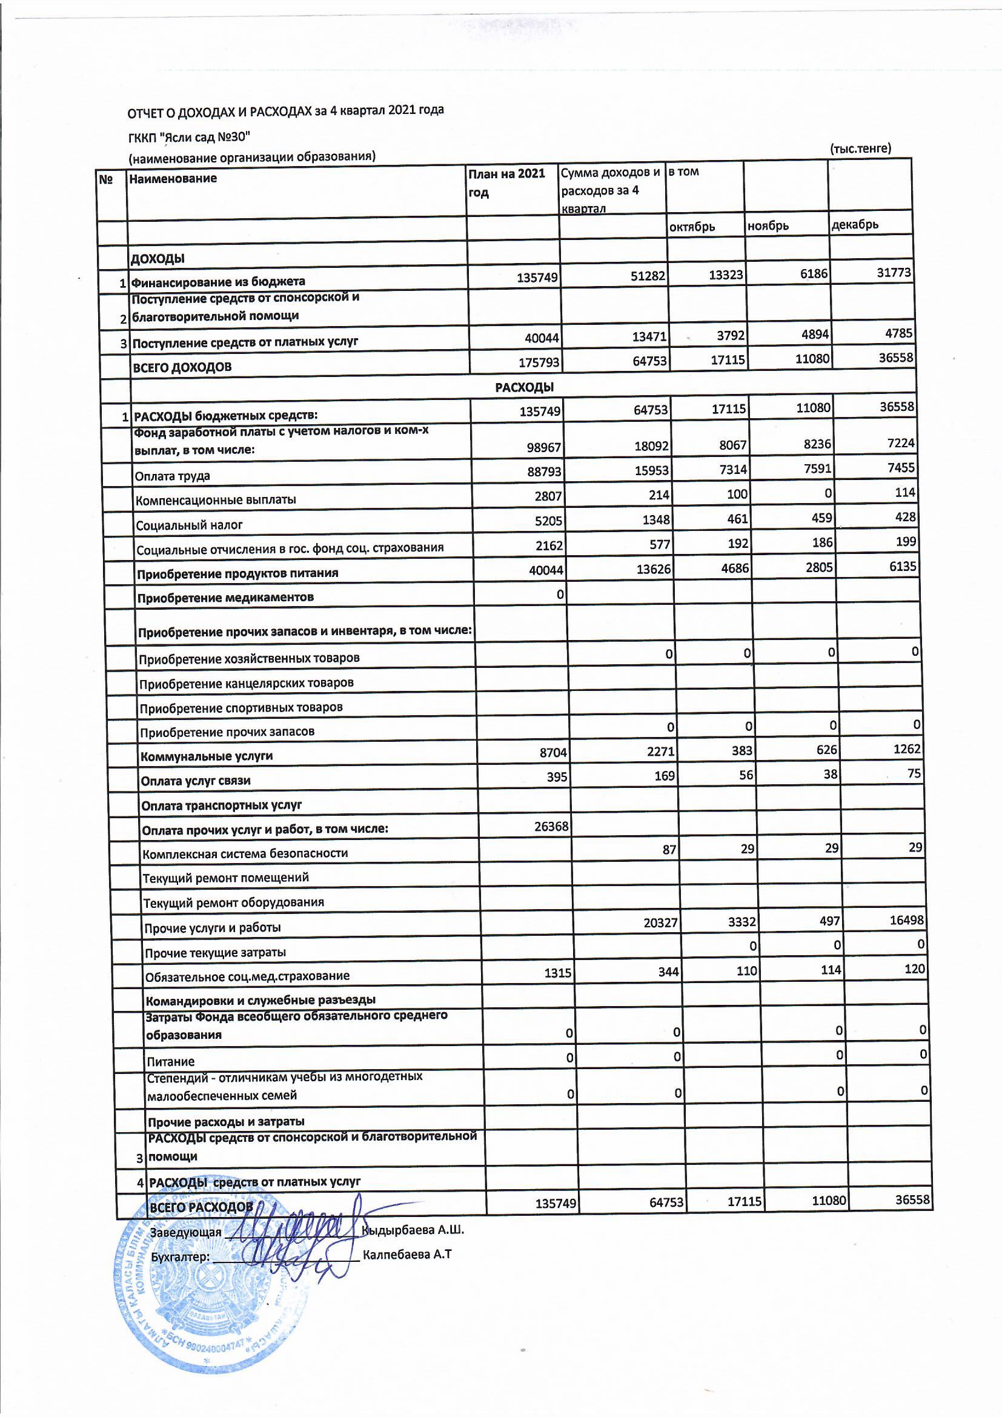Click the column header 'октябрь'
point(692,227)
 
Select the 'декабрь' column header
point(855,225)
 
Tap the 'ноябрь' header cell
point(768,226)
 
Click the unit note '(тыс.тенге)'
point(860,148)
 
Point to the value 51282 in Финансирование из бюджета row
point(648,276)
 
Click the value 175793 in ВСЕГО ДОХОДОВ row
point(539,362)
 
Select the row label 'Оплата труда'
point(172,476)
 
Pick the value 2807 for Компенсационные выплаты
point(548,496)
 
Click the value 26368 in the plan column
point(551,826)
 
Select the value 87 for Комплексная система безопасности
point(669,850)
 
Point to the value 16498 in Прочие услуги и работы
point(906,920)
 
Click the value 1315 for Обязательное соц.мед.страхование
point(558,973)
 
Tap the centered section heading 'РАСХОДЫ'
point(524,387)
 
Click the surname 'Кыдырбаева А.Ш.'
point(413,1229)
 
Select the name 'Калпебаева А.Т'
point(407,1254)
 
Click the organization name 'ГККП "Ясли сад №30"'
point(189,136)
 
